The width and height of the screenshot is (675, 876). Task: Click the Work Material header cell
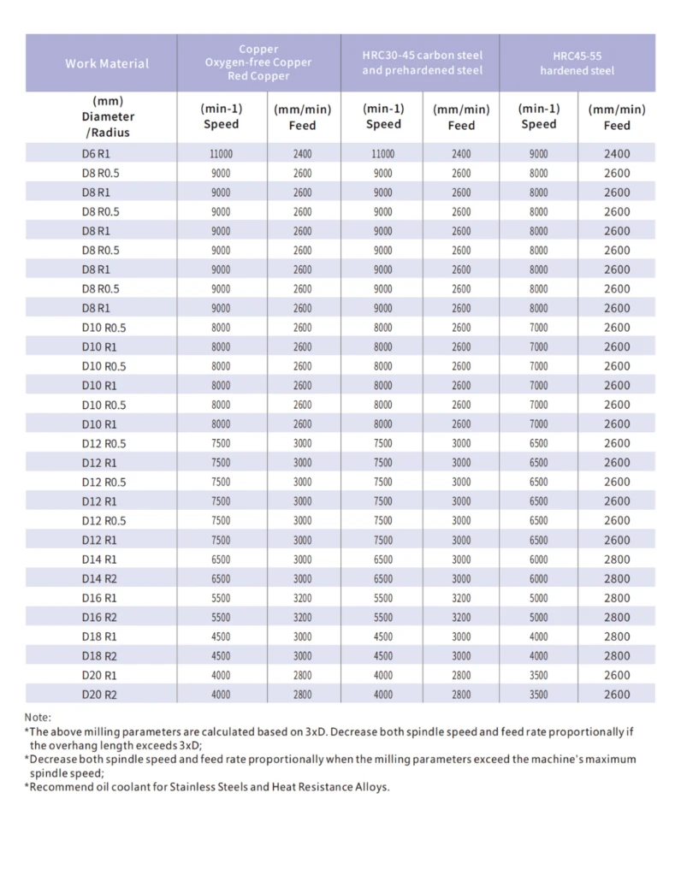(x=107, y=63)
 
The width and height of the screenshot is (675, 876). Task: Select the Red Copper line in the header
(x=258, y=76)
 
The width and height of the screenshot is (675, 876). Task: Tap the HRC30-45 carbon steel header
(x=422, y=62)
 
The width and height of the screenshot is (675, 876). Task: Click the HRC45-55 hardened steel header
(x=577, y=63)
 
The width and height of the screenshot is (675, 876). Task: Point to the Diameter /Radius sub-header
(x=108, y=124)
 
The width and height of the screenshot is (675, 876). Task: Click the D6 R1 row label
(x=96, y=154)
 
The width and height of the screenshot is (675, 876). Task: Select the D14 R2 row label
(x=99, y=579)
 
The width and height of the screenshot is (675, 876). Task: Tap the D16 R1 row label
(x=99, y=598)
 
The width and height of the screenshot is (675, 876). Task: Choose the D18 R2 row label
(x=99, y=656)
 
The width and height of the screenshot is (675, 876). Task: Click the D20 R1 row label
(x=99, y=675)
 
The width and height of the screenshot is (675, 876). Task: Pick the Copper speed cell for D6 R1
(x=222, y=154)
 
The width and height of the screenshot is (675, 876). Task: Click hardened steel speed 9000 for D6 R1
(x=539, y=154)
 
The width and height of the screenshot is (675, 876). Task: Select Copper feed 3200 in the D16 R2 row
(x=302, y=618)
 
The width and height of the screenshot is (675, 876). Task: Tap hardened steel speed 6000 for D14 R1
(x=539, y=559)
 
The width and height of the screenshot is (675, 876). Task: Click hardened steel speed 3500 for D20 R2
(x=539, y=695)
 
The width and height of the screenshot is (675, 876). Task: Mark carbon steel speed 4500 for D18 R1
(x=382, y=636)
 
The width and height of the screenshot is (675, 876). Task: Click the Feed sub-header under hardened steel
(x=617, y=125)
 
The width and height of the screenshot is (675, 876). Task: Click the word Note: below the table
(x=38, y=718)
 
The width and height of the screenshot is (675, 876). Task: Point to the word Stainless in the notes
(x=193, y=787)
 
